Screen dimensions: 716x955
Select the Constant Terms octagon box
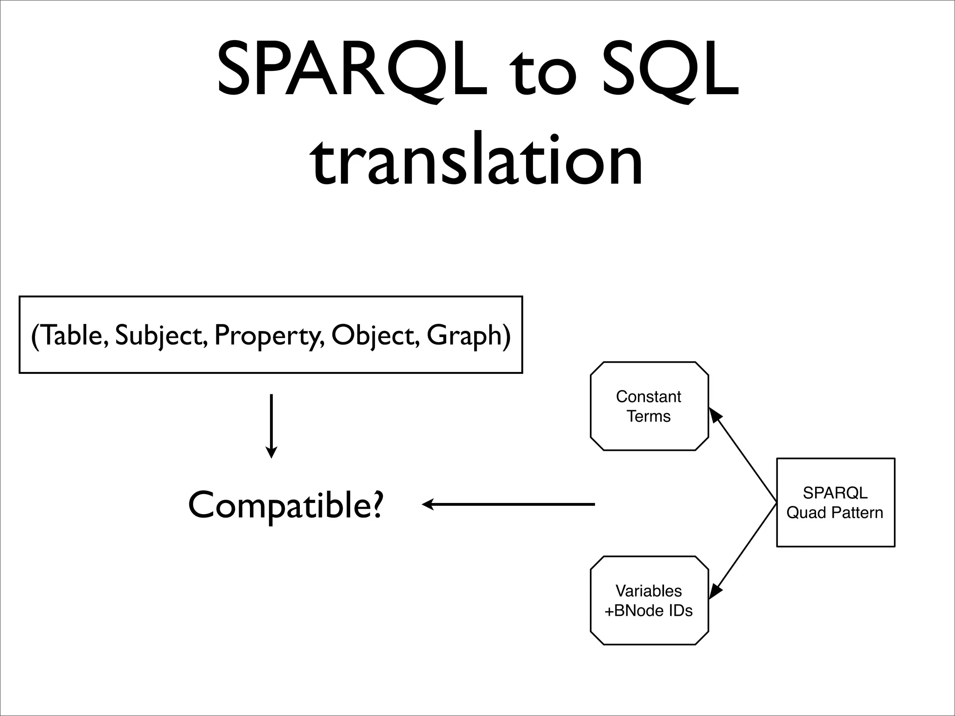[649, 406]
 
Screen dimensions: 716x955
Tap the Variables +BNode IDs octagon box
[649, 600]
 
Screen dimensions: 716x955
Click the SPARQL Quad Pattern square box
[835, 503]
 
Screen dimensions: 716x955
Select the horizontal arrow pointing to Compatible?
[508, 504]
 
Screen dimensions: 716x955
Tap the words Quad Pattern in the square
[835, 513]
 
